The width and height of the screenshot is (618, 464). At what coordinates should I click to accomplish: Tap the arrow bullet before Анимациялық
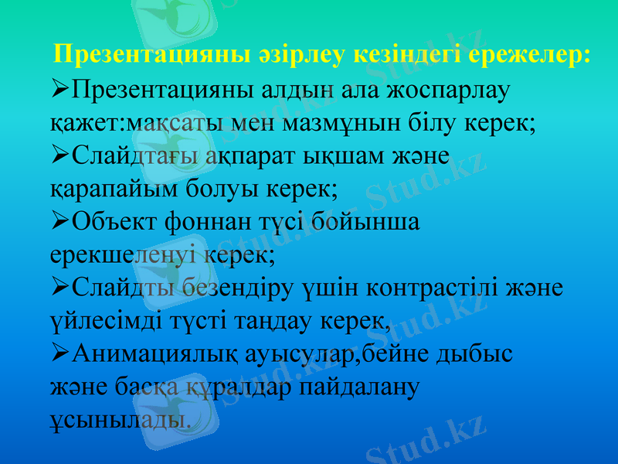59,354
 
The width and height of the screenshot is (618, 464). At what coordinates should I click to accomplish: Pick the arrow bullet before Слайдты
59,288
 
